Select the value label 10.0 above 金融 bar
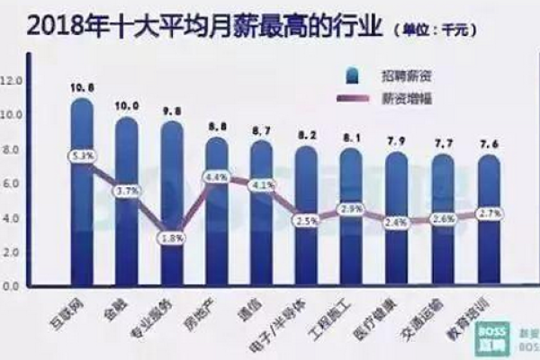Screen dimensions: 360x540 (x=127, y=106)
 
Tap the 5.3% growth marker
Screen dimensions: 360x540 (x=82, y=156)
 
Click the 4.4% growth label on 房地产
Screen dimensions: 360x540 (x=216, y=177)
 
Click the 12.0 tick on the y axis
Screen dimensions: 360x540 (x=12, y=81)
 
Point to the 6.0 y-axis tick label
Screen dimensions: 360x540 (x=12, y=184)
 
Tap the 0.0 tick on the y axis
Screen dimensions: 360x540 (x=12, y=286)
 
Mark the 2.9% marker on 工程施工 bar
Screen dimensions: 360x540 (x=351, y=209)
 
